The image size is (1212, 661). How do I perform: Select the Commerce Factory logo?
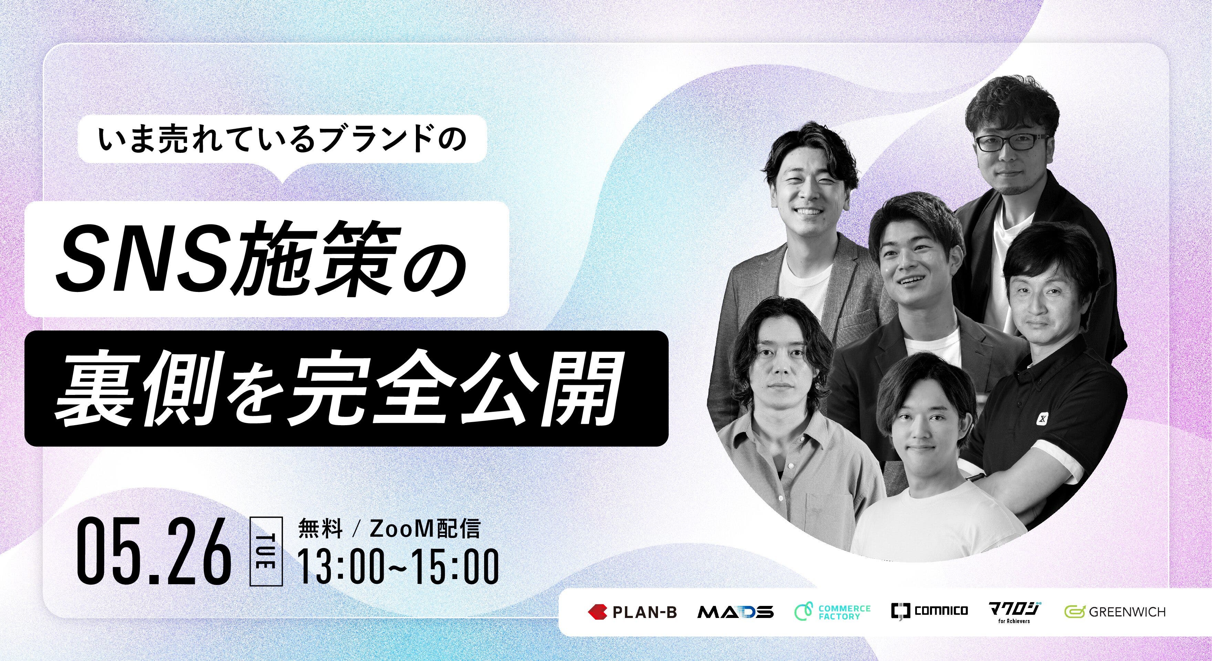[832, 612]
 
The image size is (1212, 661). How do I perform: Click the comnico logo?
[929, 611]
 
